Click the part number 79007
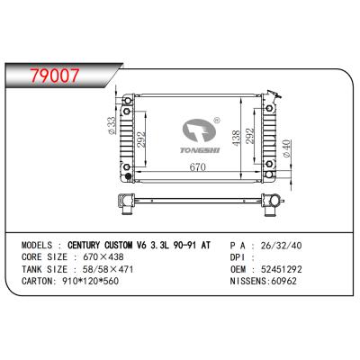tap(55, 76)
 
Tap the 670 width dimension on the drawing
tap(198, 166)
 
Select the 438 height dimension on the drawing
tap(236, 139)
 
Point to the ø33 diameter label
tap(111, 125)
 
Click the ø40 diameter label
tap(286, 148)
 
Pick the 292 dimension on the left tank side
tap(141, 139)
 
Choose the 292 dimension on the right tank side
tap(249, 136)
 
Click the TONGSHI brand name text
tap(200, 149)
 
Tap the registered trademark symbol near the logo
tap(217, 121)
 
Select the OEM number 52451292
tap(282, 269)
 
